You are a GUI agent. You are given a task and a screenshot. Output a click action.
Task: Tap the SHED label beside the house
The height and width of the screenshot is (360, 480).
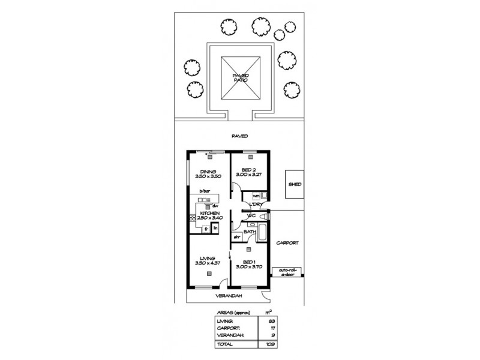294,185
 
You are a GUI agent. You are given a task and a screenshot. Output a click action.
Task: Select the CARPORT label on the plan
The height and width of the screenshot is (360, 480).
287,243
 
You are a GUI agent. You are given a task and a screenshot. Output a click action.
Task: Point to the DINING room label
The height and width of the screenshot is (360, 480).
208,171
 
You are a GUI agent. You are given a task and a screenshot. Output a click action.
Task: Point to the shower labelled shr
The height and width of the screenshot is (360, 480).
236,237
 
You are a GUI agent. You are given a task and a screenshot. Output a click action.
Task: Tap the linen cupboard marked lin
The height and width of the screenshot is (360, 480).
215,229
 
